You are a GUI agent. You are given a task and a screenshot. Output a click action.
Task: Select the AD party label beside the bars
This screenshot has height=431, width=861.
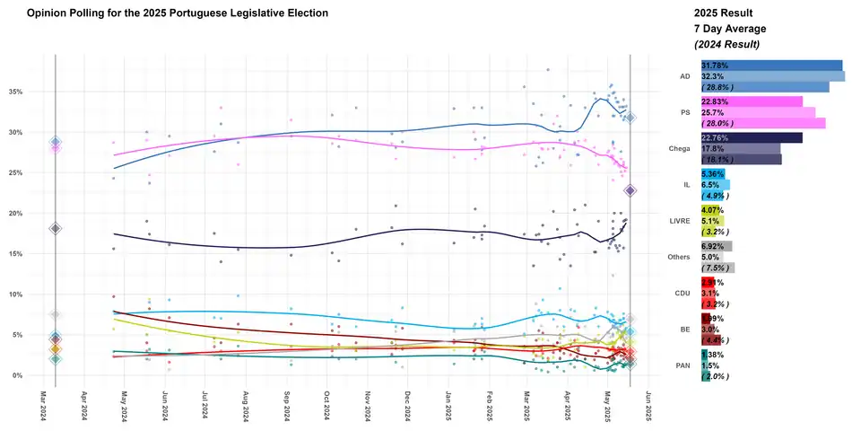[x=683, y=76]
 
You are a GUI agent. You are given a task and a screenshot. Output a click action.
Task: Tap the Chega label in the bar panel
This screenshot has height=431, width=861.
[x=678, y=147]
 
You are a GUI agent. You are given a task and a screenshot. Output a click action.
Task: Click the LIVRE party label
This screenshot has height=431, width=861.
[x=678, y=220]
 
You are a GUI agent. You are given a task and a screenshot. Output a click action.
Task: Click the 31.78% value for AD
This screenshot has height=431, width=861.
[x=716, y=66]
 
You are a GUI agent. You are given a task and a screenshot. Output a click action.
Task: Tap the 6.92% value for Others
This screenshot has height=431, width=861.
[x=714, y=246]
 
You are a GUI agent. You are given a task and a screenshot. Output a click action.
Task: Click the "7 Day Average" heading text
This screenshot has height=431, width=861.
[x=731, y=29]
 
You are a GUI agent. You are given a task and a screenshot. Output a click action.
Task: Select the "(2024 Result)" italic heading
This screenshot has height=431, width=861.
[x=727, y=44]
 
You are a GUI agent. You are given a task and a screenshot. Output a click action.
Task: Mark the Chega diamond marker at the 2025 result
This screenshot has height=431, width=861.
[x=631, y=190]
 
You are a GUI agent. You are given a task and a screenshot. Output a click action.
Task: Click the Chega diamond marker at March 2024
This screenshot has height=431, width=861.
[x=56, y=229]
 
